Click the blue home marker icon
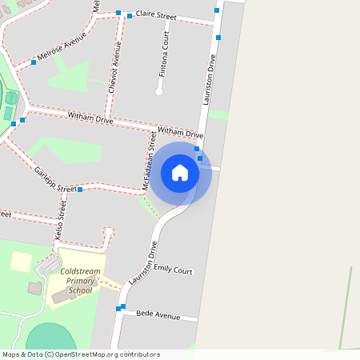tap(180, 173)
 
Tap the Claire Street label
tap(156, 15)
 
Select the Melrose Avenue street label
tap(61, 50)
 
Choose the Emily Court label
tap(174, 270)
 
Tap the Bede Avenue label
tap(158, 315)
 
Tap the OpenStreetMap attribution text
tap(80, 354)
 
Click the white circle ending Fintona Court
tap(158, 93)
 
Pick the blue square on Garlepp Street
tap(81, 190)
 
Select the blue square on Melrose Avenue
tap(34, 62)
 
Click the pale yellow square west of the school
tap(21, 261)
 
